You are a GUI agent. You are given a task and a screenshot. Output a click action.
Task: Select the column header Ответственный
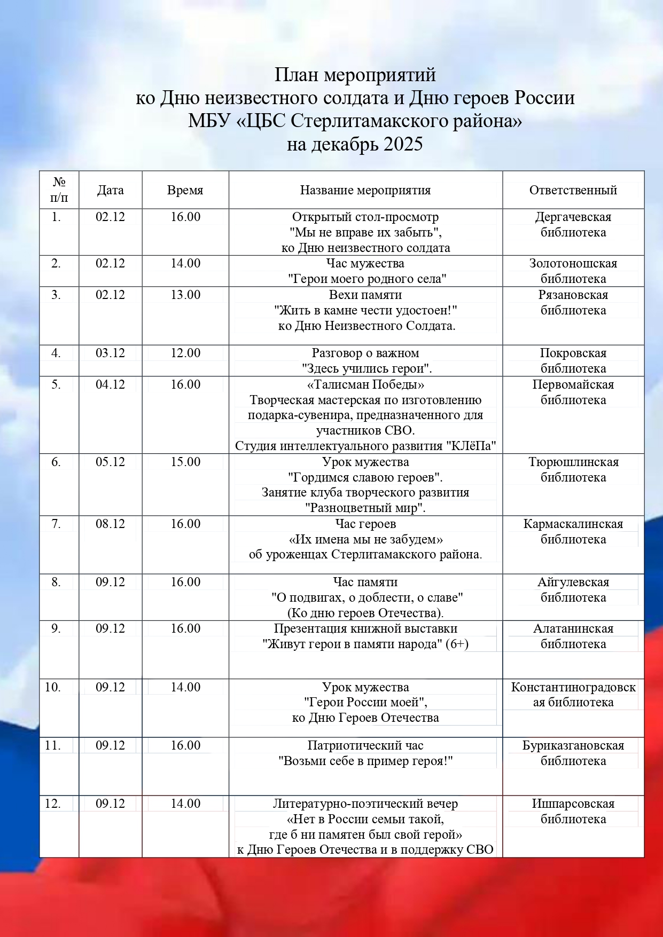573,190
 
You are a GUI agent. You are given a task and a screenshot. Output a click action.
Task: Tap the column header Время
185,190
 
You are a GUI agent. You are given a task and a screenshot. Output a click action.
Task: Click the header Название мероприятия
365,190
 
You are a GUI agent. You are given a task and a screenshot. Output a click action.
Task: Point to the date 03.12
110,353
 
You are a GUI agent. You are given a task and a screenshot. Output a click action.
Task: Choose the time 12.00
185,353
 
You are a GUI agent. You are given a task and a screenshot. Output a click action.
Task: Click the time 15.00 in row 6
185,462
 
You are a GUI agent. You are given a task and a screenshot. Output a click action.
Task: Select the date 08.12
110,524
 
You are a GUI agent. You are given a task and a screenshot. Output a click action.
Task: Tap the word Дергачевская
573,217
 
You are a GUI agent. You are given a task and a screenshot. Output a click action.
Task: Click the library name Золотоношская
573,263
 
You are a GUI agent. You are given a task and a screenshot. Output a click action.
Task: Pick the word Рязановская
573,295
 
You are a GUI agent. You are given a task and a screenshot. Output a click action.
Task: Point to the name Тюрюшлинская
573,462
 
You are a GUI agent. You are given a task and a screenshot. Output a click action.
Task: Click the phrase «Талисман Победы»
365,384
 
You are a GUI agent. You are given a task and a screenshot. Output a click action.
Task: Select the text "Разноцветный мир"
365,508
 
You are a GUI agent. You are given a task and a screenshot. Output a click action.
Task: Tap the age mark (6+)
457,644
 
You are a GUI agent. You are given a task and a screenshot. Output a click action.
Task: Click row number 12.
52,804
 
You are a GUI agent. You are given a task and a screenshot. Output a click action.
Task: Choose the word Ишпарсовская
573,804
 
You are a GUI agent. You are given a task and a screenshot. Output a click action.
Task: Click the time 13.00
185,295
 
